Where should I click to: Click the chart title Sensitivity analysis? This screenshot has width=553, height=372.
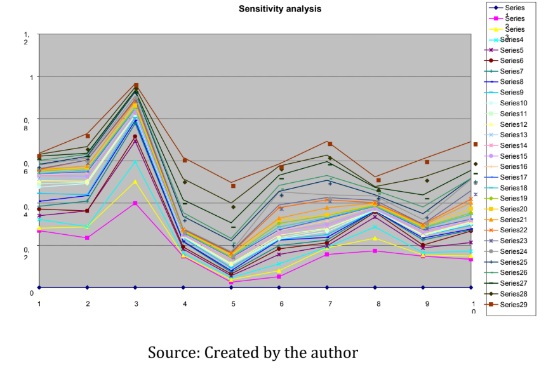[279, 9]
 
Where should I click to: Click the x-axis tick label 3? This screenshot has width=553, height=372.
[136, 304]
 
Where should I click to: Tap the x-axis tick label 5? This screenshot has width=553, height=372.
[232, 304]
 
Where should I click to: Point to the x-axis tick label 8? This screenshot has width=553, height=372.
[378, 304]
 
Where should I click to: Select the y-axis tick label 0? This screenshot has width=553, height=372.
[31, 293]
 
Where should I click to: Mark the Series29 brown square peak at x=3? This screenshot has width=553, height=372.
[136, 85]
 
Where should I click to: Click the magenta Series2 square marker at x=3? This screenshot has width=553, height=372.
[135, 203]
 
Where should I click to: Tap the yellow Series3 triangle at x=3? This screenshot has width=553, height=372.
[135, 182]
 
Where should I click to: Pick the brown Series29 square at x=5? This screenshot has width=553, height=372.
[233, 185]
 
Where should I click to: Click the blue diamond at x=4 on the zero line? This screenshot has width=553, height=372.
[183, 288]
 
